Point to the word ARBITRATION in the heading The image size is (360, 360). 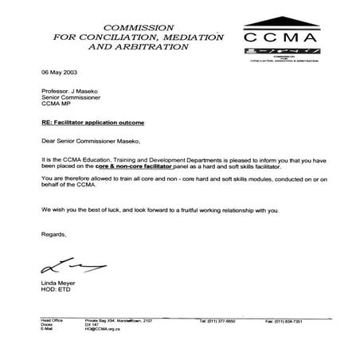[x=156, y=46]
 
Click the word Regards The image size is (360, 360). [x=54, y=235]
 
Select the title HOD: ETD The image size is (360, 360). [x=54, y=291]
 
